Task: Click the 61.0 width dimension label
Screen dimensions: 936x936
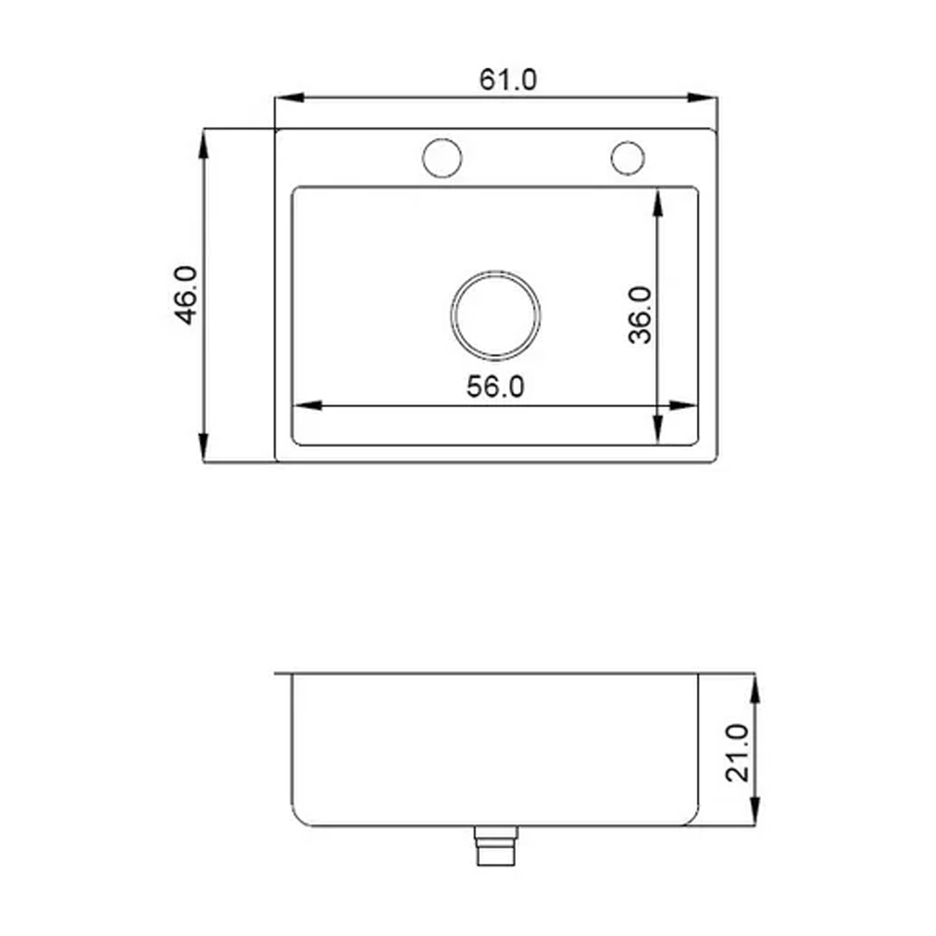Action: pyautogui.click(x=508, y=80)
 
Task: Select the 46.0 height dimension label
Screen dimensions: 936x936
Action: pyautogui.click(x=186, y=295)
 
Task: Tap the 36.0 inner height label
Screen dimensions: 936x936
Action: pyautogui.click(x=640, y=315)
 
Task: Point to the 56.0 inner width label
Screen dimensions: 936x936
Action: pyautogui.click(x=496, y=387)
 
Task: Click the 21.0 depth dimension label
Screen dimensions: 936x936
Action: pyautogui.click(x=738, y=752)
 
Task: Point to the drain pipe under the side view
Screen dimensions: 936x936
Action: pyautogui.click(x=496, y=846)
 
